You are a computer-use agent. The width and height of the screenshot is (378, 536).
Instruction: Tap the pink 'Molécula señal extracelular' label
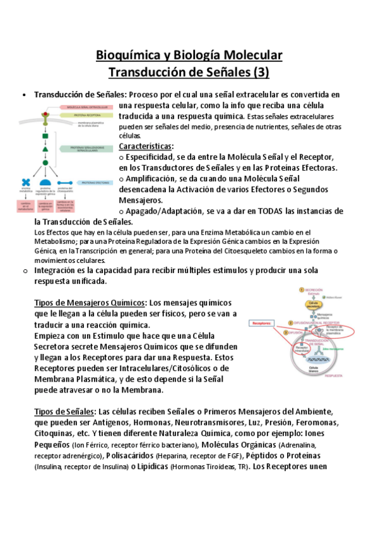point(85,107)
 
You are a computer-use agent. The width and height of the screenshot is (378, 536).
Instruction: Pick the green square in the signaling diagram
point(45,135)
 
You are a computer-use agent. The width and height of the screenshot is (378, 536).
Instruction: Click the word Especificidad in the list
point(151,156)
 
